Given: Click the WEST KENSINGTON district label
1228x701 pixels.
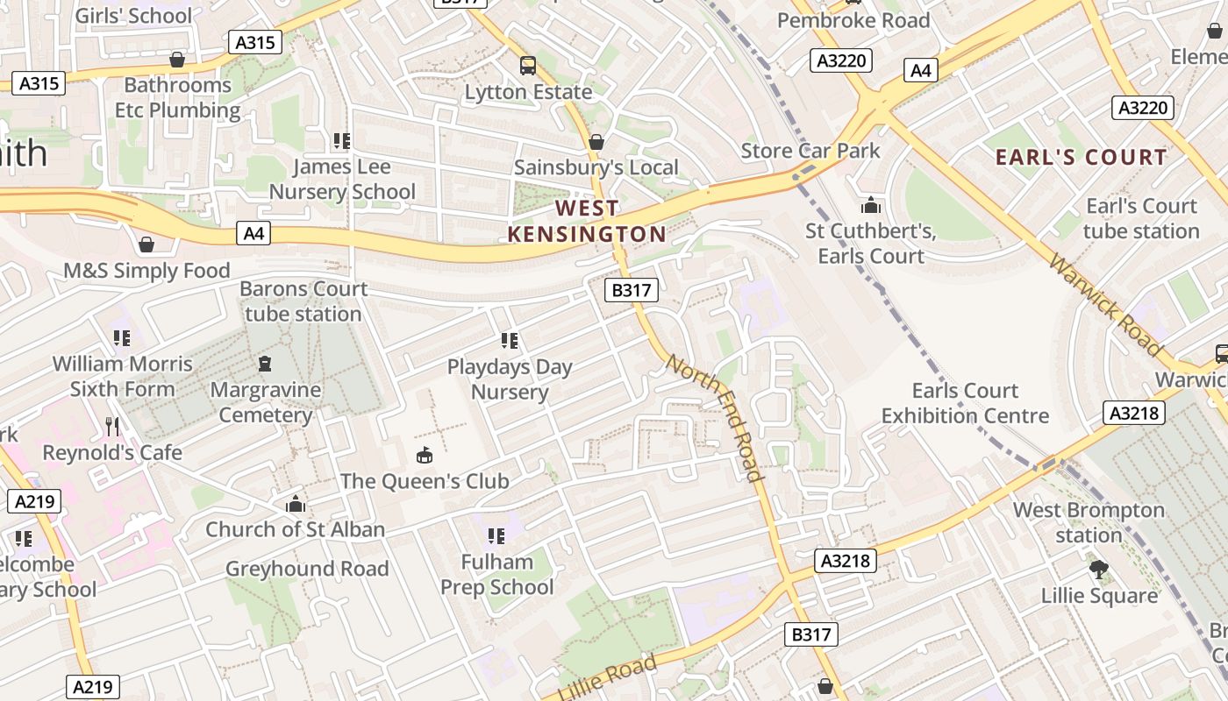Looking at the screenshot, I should [x=587, y=221].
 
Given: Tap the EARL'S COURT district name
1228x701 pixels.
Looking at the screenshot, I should [x=1081, y=158].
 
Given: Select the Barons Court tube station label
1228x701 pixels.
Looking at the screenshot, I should [x=303, y=301].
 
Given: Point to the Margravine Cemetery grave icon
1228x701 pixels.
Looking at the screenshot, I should [x=265, y=364].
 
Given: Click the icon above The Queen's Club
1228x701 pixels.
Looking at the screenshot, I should [x=425, y=455].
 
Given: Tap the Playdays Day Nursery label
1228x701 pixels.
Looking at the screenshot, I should [x=510, y=379].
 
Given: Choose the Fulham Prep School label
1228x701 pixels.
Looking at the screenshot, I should [x=496, y=574].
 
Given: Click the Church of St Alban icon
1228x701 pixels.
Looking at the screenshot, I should [x=296, y=504].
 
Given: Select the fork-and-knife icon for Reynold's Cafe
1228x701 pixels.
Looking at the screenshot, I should [x=112, y=427].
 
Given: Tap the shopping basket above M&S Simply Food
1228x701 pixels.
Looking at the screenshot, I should [x=146, y=244].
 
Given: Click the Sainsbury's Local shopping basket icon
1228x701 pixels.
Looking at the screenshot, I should [x=596, y=142].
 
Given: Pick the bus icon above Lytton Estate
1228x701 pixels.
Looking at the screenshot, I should [x=528, y=66].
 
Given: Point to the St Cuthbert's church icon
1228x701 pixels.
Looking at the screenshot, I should [x=870, y=205].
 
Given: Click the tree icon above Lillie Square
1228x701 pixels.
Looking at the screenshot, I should [x=1098, y=570].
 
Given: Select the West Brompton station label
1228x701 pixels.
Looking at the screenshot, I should [x=1089, y=522].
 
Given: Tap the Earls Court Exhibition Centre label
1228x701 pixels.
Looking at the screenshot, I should [x=965, y=403].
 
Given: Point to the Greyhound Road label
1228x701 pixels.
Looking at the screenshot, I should [x=307, y=569].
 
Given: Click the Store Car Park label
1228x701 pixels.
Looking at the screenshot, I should [x=810, y=151].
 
